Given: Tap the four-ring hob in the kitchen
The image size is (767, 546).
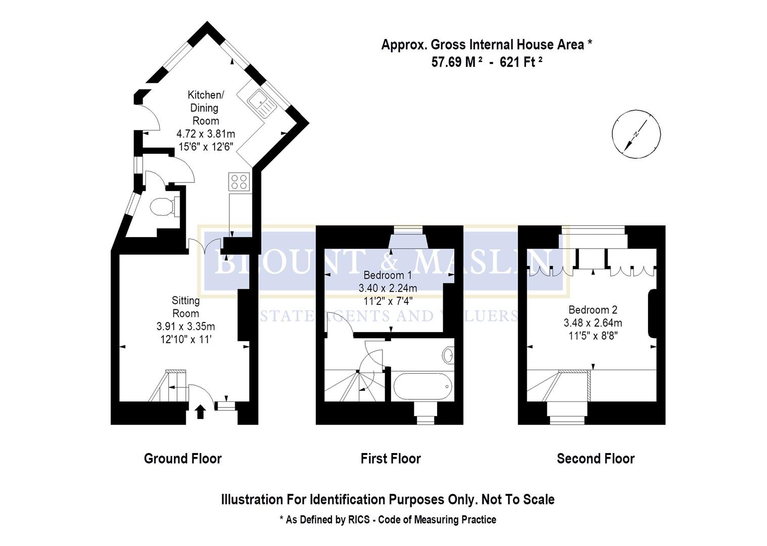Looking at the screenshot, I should pyautogui.click(x=239, y=181).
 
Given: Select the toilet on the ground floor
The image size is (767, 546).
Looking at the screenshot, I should pyautogui.click(x=163, y=206).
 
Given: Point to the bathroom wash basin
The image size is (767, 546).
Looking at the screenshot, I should pyautogui.click(x=448, y=355).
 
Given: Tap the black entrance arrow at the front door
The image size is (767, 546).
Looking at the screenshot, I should pyautogui.click(x=200, y=412).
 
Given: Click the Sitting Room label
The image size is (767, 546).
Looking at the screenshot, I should pyautogui.click(x=186, y=307).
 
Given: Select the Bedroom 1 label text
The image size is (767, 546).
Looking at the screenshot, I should pyautogui.click(x=388, y=276).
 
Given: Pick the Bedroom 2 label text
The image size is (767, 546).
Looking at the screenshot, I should pyautogui.click(x=593, y=310).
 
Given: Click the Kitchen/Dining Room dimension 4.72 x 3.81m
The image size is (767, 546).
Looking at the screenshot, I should pyautogui.click(x=205, y=134).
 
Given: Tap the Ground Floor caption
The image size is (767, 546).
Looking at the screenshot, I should pyautogui.click(x=183, y=459).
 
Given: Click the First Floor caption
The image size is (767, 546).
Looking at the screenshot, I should pyautogui.click(x=391, y=459).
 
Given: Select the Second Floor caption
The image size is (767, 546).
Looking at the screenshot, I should pyautogui.click(x=595, y=459).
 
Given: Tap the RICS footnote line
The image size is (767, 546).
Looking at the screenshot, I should pyautogui.click(x=388, y=520).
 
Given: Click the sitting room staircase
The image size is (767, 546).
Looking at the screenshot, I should pyautogui.click(x=167, y=387).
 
